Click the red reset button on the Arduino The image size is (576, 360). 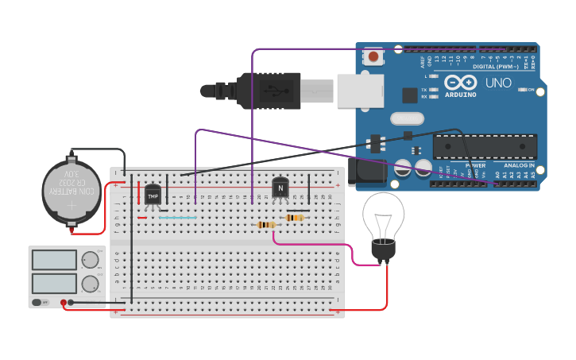[x=373, y=56]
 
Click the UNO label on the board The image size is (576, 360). [x=498, y=83]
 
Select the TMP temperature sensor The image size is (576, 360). [x=153, y=192]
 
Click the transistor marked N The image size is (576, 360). [x=280, y=188]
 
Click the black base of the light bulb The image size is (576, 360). [x=384, y=250]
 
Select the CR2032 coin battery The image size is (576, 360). [x=72, y=192]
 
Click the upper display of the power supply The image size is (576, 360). [x=54, y=260]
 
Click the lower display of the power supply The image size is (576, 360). [x=54, y=284]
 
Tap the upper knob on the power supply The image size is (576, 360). [x=91, y=260]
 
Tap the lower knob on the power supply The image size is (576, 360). [x=91, y=284]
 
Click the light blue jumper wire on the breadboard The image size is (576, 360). [x=177, y=217]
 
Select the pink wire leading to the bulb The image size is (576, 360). [x=318, y=244]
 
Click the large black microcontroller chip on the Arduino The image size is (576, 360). [x=485, y=146]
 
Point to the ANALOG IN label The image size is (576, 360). [x=520, y=165]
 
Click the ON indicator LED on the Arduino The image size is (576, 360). [x=521, y=90]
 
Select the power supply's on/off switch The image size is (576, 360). [x=38, y=302]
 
